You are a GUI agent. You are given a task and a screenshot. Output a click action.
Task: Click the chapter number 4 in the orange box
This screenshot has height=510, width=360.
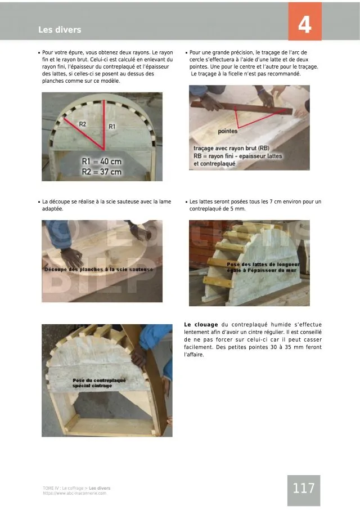305,24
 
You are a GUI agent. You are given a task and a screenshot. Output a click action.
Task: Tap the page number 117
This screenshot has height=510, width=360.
304,488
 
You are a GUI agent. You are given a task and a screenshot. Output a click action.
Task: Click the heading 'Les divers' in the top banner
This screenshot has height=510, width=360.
60,30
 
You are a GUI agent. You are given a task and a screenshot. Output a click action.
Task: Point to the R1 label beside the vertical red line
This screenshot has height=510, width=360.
112,127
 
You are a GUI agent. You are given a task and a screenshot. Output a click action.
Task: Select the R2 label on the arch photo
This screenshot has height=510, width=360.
83,124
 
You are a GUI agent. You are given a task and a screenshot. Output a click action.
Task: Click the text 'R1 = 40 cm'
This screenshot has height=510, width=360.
101,162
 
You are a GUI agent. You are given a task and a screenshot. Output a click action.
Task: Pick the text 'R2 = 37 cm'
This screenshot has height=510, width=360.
101,172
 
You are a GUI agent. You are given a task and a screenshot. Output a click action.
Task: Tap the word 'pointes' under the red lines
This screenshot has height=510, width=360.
227,131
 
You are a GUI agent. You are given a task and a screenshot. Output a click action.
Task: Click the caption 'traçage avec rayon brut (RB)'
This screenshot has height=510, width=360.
231,148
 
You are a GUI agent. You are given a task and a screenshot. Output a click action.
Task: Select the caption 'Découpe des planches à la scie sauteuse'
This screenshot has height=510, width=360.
98,269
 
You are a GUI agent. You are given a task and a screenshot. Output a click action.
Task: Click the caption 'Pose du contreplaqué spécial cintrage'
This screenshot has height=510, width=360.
99,383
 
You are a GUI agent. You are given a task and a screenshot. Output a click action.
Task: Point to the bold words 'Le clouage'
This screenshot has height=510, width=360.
201,325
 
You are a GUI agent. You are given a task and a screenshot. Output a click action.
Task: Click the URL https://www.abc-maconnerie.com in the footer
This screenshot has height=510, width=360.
74,494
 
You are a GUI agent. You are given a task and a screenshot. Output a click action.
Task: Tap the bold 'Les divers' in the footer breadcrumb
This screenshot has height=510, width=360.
100,488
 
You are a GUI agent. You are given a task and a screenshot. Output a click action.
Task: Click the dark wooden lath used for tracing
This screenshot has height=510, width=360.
242,108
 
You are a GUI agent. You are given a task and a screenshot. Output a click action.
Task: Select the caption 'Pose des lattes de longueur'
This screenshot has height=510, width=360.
263,265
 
